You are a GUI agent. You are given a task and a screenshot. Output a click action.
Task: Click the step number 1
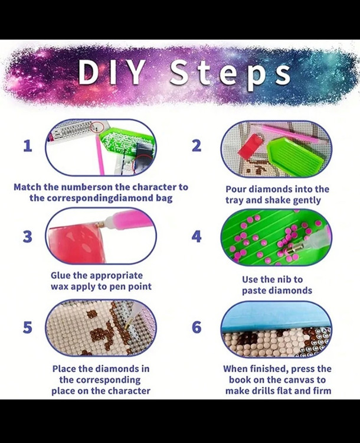tap(27, 146)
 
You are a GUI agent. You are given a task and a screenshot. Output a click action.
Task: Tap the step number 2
tap(197, 146)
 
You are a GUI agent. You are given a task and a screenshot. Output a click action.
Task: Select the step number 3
tap(27, 237)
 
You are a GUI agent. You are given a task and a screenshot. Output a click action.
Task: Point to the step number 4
tap(197, 237)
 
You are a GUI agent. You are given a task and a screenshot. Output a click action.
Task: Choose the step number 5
tap(27, 327)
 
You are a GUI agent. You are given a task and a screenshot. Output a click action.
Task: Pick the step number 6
tap(197, 327)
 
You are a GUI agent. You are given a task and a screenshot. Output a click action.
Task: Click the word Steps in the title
tap(230, 74)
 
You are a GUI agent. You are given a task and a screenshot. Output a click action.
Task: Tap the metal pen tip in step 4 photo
tap(294, 249)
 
